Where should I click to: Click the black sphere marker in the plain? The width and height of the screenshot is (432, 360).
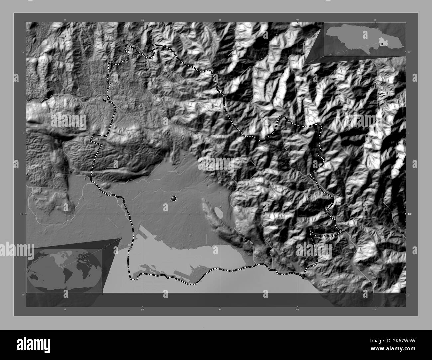coord(173,199)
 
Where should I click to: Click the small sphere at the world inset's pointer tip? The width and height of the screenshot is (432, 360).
coord(120,238)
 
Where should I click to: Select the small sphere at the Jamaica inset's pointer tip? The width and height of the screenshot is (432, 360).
coord(304,64)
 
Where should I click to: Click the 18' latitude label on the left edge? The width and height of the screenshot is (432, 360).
coord(21,214)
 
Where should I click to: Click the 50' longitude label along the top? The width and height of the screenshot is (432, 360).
coord(143,20)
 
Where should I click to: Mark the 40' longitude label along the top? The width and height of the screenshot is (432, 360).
coord(298,20)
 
